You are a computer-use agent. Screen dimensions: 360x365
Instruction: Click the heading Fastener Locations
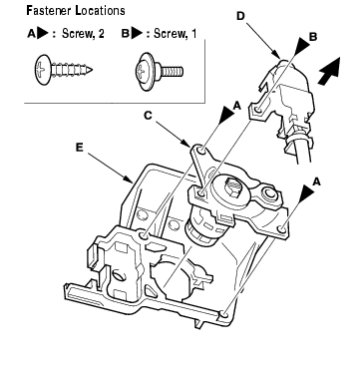(x=76, y=11)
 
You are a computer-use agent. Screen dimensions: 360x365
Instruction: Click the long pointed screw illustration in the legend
(x=63, y=70)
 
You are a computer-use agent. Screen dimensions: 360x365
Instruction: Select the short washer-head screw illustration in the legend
(x=159, y=71)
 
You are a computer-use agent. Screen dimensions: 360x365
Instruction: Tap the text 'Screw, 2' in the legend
(x=83, y=34)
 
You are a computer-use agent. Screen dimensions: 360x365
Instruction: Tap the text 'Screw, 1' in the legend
(x=175, y=34)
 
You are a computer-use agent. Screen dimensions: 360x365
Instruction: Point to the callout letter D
(x=241, y=16)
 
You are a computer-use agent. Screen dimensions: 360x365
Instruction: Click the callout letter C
(x=148, y=116)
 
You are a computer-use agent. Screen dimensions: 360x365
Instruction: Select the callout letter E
(x=79, y=148)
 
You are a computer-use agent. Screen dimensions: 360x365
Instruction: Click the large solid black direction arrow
(x=329, y=71)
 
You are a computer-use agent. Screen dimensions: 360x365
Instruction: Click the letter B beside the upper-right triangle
(x=313, y=37)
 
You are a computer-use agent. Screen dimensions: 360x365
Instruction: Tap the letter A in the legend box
(x=31, y=34)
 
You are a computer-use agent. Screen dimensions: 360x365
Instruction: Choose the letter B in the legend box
(x=126, y=34)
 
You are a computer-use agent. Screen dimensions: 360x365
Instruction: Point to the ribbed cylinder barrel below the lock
(x=200, y=228)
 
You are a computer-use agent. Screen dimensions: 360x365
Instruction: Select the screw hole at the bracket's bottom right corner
(x=224, y=314)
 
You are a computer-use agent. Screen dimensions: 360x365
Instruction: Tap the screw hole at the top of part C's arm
(x=201, y=152)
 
